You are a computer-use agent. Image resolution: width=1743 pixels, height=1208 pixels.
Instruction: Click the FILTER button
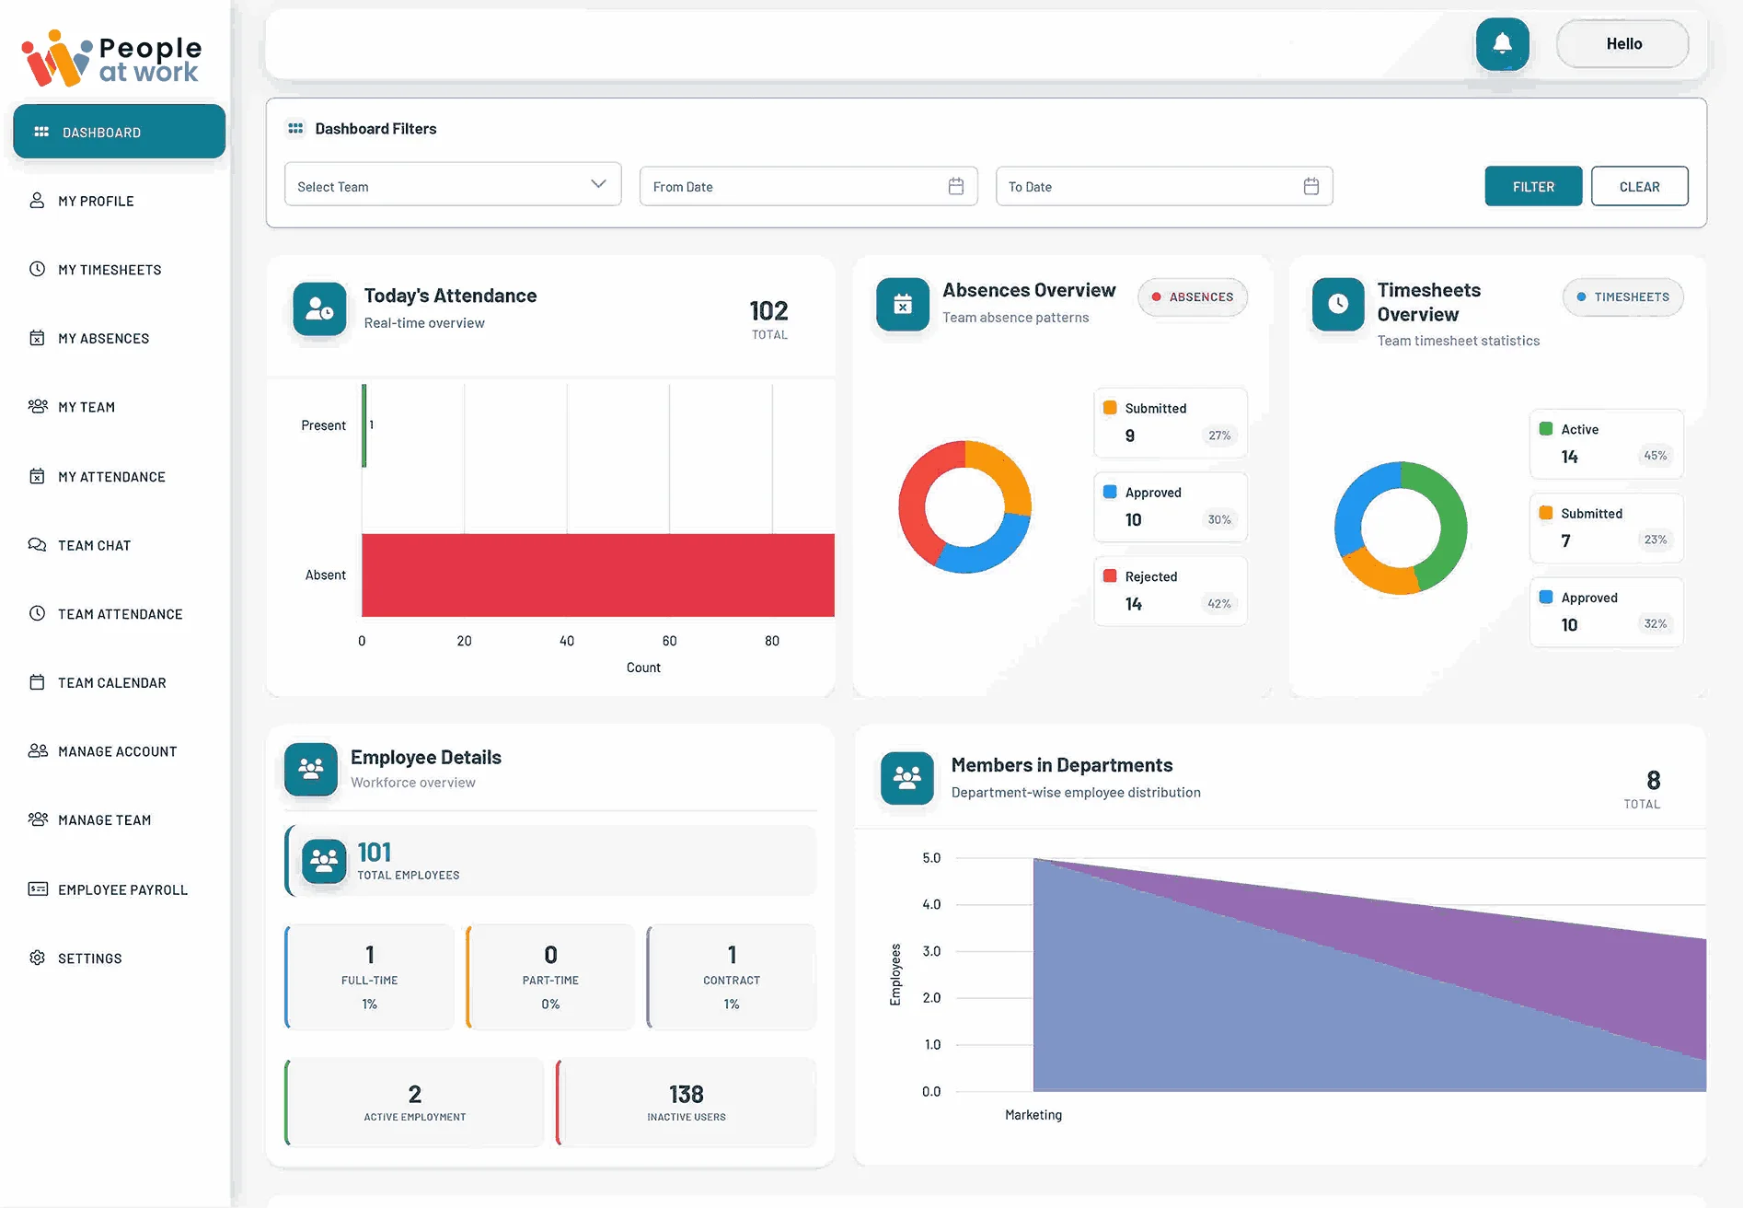(x=1532, y=186)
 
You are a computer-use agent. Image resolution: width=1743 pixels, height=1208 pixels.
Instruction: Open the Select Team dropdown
(x=452, y=185)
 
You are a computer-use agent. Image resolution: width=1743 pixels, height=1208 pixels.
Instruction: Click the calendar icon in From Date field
(x=955, y=186)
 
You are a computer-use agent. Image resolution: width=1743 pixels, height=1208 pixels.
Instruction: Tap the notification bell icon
(x=1502, y=43)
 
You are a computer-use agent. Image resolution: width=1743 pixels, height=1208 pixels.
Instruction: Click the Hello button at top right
(x=1622, y=43)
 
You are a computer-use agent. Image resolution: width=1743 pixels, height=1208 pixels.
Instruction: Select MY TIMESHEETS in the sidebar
(x=109, y=270)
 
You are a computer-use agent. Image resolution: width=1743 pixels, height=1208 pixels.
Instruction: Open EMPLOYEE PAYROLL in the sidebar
(x=121, y=889)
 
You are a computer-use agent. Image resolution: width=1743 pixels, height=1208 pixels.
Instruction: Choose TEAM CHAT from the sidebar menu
(x=94, y=545)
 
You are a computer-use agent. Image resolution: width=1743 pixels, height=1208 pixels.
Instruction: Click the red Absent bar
(x=597, y=575)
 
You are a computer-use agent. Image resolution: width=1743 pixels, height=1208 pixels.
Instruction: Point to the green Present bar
(x=364, y=425)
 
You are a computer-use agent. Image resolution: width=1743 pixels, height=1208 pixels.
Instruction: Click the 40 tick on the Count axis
(x=567, y=641)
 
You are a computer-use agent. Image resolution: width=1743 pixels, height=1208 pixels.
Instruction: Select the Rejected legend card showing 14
(x=1170, y=590)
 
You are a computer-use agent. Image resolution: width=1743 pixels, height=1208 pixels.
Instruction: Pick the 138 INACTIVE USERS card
(x=686, y=1102)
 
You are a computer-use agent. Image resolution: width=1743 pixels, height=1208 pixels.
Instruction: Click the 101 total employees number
(x=374, y=852)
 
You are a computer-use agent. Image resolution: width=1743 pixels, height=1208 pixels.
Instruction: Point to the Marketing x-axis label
(x=1033, y=1114)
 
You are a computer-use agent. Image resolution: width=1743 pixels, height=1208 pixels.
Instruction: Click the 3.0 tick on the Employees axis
(x=930, y=951)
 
